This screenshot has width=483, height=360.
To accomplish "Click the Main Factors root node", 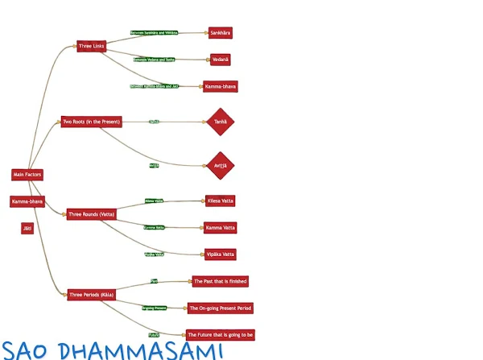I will click(27, 175).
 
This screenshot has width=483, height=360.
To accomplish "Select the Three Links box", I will click(91, 46).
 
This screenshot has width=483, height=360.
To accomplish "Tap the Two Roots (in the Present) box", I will click(91, 122).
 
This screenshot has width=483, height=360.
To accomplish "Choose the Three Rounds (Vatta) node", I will click(91, 214).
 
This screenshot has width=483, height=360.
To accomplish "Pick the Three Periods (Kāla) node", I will click(91, 295).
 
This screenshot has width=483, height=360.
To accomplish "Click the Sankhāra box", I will click(220, 33).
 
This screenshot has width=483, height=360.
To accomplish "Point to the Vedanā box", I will click(220, 60).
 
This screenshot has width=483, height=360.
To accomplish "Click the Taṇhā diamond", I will click(220, 122).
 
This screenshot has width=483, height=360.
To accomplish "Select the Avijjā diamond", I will click(220, 165).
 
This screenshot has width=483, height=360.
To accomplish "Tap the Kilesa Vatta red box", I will click(220, 201).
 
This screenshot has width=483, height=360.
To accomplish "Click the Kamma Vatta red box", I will click(220, 228).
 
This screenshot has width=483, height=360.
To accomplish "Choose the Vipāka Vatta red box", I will click(220, 254).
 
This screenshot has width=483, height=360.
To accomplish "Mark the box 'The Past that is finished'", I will click(220, 281).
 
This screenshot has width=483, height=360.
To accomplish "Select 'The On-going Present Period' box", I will click(221, 308).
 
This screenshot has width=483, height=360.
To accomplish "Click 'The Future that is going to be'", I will click(220, 334).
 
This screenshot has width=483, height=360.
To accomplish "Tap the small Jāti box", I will click(27, 228).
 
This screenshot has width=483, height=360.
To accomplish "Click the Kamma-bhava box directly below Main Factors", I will click(27, 201).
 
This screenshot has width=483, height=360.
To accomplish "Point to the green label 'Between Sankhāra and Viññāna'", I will click(154, 33).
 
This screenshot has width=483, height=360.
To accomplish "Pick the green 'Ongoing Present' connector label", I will click(154, 308).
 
